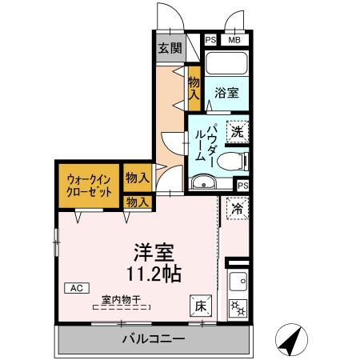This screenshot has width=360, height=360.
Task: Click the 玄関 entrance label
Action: click(x=168, y=48)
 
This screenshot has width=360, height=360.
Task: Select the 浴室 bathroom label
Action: click(x=226, y=93)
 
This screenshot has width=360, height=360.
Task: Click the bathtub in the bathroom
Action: click(x=227, y=63)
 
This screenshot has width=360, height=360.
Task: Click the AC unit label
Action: click(x=77, y=287)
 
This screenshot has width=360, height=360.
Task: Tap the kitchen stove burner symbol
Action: click(x=238, y=306)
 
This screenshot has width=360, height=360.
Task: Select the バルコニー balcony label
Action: click(x=154, y=339)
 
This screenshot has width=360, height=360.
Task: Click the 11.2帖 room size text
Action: click(x=153, y=274)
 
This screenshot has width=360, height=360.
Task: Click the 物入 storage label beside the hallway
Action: click(x=194, y=86)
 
